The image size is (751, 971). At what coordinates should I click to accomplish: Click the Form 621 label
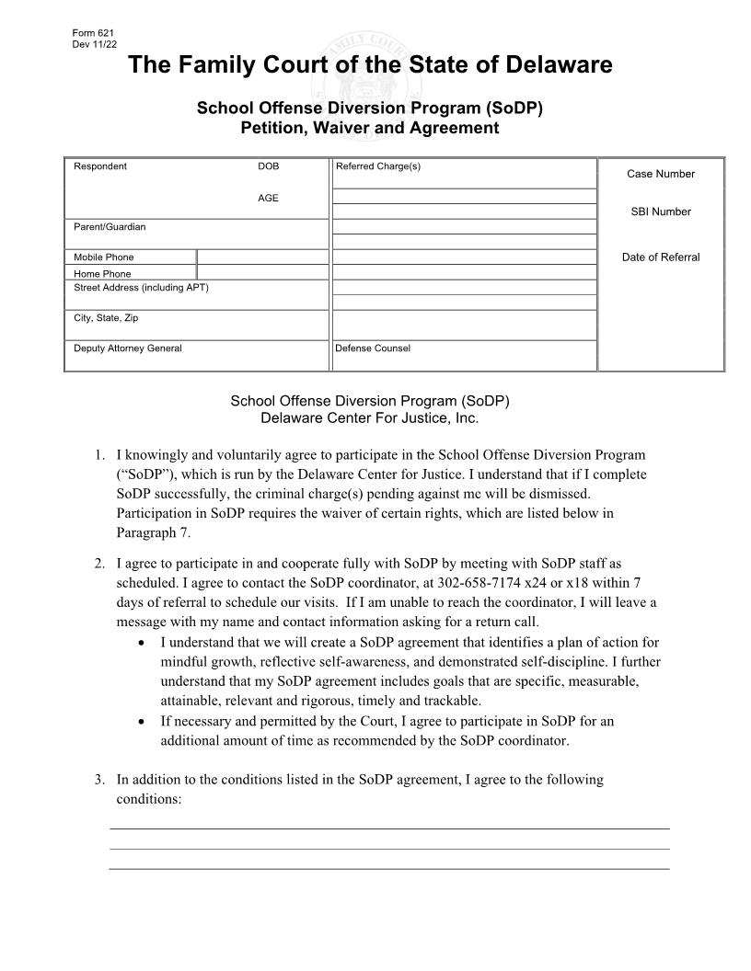coord(87,33)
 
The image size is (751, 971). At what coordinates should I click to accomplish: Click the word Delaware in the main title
coord(555,65)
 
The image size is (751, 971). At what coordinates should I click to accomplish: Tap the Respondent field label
coord(100,166)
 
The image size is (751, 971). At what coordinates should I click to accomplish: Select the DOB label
coord(268,166)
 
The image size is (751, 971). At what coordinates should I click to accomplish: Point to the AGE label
coord(268,198)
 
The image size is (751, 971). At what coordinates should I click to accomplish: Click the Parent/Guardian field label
coord(110,227)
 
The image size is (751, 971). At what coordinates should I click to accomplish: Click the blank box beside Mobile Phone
coord(262,257)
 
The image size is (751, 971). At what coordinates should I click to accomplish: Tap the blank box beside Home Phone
coord(262,273)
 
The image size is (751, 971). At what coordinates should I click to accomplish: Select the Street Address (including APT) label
coord(141,288)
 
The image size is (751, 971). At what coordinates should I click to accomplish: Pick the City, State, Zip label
coord(106,318)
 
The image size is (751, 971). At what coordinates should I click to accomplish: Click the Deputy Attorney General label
coord(128,348)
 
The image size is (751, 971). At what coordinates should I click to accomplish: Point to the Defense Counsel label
coord(373,348)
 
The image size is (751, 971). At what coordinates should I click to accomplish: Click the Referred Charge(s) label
coord(377,166)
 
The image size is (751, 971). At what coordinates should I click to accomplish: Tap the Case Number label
coord(661,174)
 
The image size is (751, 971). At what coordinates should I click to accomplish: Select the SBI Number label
coord(661,211)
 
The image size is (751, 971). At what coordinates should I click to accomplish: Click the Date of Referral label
coord(661,257)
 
